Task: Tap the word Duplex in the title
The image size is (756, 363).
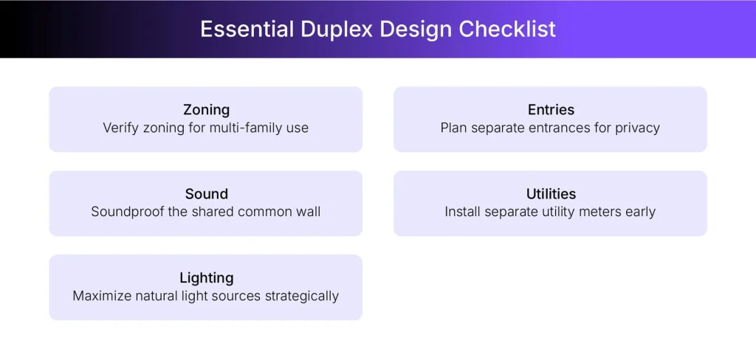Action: (331, 30)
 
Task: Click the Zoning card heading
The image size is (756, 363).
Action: (206, 110)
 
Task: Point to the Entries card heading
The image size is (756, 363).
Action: (551, 110)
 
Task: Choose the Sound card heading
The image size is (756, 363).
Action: (206, 194)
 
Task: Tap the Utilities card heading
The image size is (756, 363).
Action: (551, 194)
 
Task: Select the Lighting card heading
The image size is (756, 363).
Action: (206, 278)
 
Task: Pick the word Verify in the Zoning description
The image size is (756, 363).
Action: (120, 128)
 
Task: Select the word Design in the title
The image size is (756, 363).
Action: (417, 30)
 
